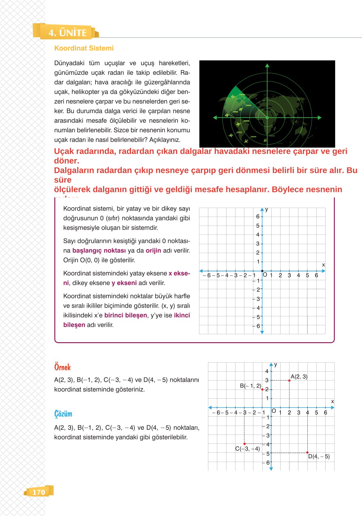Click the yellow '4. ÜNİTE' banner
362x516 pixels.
(67, 33)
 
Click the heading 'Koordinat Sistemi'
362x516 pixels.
(84, 48)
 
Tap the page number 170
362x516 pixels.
(39, 492)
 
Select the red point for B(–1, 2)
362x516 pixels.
(262, 389)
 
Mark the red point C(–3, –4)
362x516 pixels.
(244, 444)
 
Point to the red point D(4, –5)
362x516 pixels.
(307, 452)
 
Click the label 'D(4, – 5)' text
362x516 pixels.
(319, 457)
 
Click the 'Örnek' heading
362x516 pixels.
(62, 367)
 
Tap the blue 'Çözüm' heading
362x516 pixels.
(63, 414)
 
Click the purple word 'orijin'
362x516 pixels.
(153, 250)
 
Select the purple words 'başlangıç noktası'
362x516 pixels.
(99, 250)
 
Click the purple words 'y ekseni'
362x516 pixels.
(124, 283)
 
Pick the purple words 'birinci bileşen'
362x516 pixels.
(126, 315)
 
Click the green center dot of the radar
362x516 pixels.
(267, 118)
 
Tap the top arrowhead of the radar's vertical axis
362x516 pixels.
(267, 65)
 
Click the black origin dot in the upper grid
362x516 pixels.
(262, 271)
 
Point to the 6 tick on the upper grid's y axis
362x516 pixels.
(258, 217)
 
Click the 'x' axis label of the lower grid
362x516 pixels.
(332, 402)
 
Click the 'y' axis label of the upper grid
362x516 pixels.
(266, 210)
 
